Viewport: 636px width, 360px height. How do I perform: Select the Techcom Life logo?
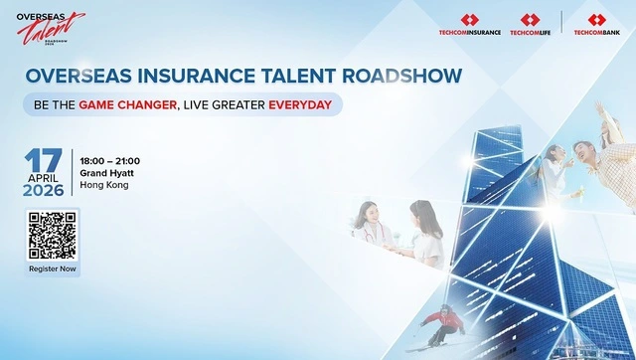(530, 25)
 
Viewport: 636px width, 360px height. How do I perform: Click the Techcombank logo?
(597, 25)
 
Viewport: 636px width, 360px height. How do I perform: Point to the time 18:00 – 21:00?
(110, 161)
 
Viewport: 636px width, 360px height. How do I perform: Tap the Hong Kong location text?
(104, 185)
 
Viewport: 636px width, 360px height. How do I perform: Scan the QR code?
(53, 237)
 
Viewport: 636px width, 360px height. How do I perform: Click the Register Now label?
(53, 270)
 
